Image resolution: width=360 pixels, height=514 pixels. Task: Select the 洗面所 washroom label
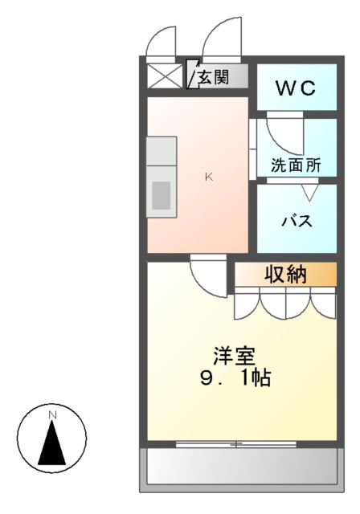(296, 165)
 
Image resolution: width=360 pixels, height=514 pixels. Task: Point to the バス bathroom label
(296, 221)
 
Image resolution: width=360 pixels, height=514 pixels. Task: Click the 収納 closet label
(285, 275)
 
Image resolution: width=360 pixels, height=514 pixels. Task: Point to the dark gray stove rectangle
(162, 196)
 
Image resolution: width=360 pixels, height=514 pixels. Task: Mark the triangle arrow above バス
(309, 193)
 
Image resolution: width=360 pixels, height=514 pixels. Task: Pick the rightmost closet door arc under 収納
(324, 302)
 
